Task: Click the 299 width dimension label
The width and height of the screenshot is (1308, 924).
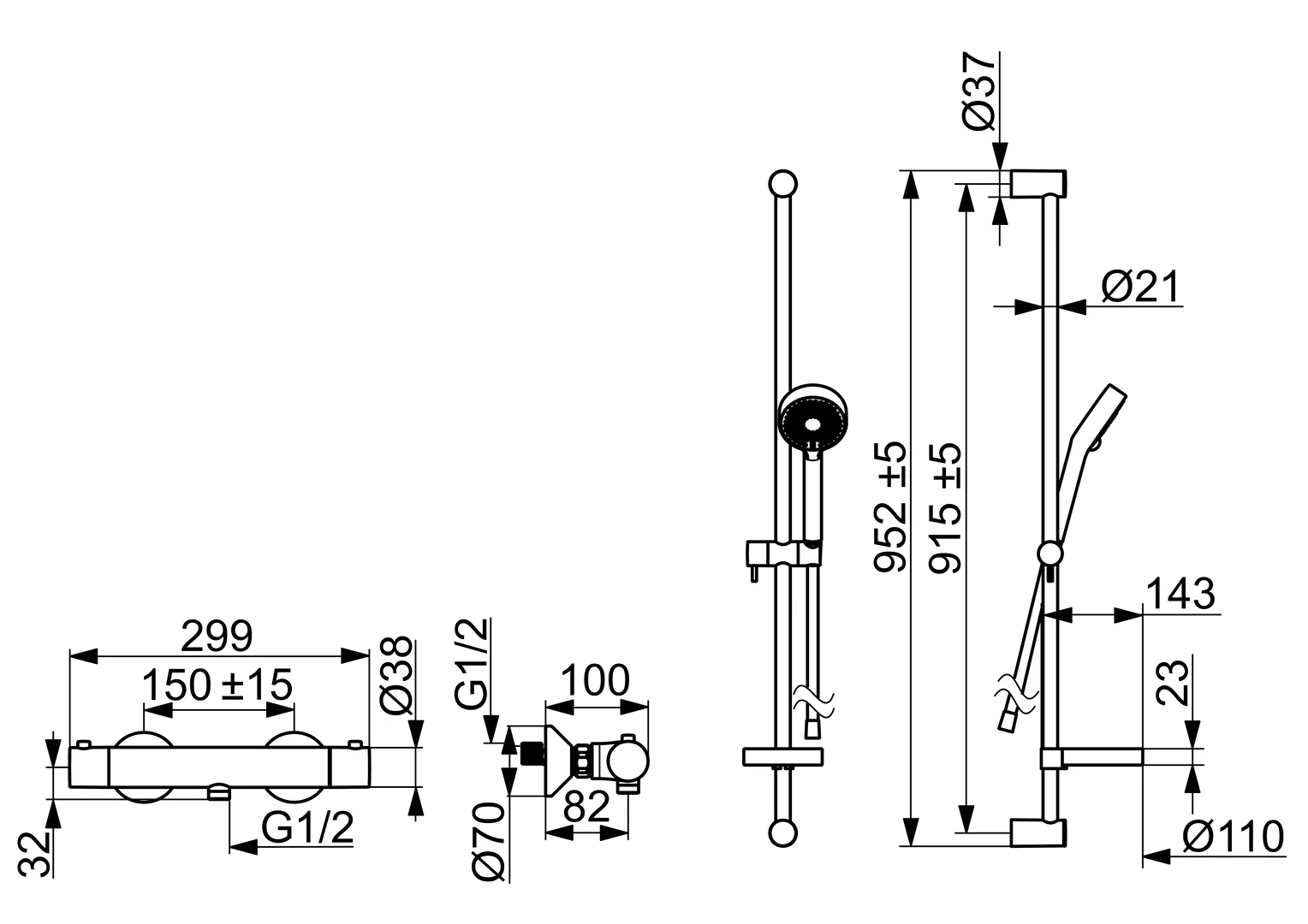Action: click(x=217, y=636)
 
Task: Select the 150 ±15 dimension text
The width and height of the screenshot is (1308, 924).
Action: click(x=217, y=685)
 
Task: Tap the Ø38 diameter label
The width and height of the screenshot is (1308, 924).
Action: click(x=395, y=676)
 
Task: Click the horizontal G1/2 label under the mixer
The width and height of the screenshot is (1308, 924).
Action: click(x=307, y=828)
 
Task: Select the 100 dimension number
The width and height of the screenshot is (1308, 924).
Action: click(x=595, y=681)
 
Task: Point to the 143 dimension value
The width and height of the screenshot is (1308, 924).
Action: click(x=1180, y=594)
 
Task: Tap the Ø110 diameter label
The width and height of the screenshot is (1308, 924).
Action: click(x=1234, y=837)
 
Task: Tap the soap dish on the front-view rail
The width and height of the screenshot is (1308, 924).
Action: click(x=782, y=756)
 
